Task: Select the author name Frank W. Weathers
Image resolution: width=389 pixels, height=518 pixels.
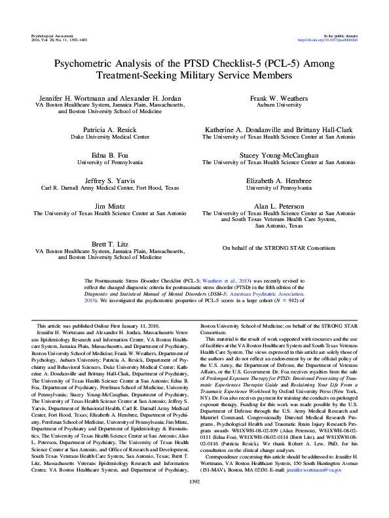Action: pyautogui.click(x=280, y=97)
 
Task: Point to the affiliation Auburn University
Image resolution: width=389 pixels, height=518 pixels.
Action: pyautogui.click(x=280, y=105)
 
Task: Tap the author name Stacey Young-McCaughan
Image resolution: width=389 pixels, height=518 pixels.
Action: pyautogui.click(x=280, y=154)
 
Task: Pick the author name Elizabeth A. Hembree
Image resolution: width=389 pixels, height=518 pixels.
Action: pyautogui.click(x=280, y=179)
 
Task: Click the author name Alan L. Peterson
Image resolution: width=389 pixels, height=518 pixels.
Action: pyautogui.click(x=280, y=205)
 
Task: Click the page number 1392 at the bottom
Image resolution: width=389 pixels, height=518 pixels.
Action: pyautogui.click(x=194, y=499)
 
